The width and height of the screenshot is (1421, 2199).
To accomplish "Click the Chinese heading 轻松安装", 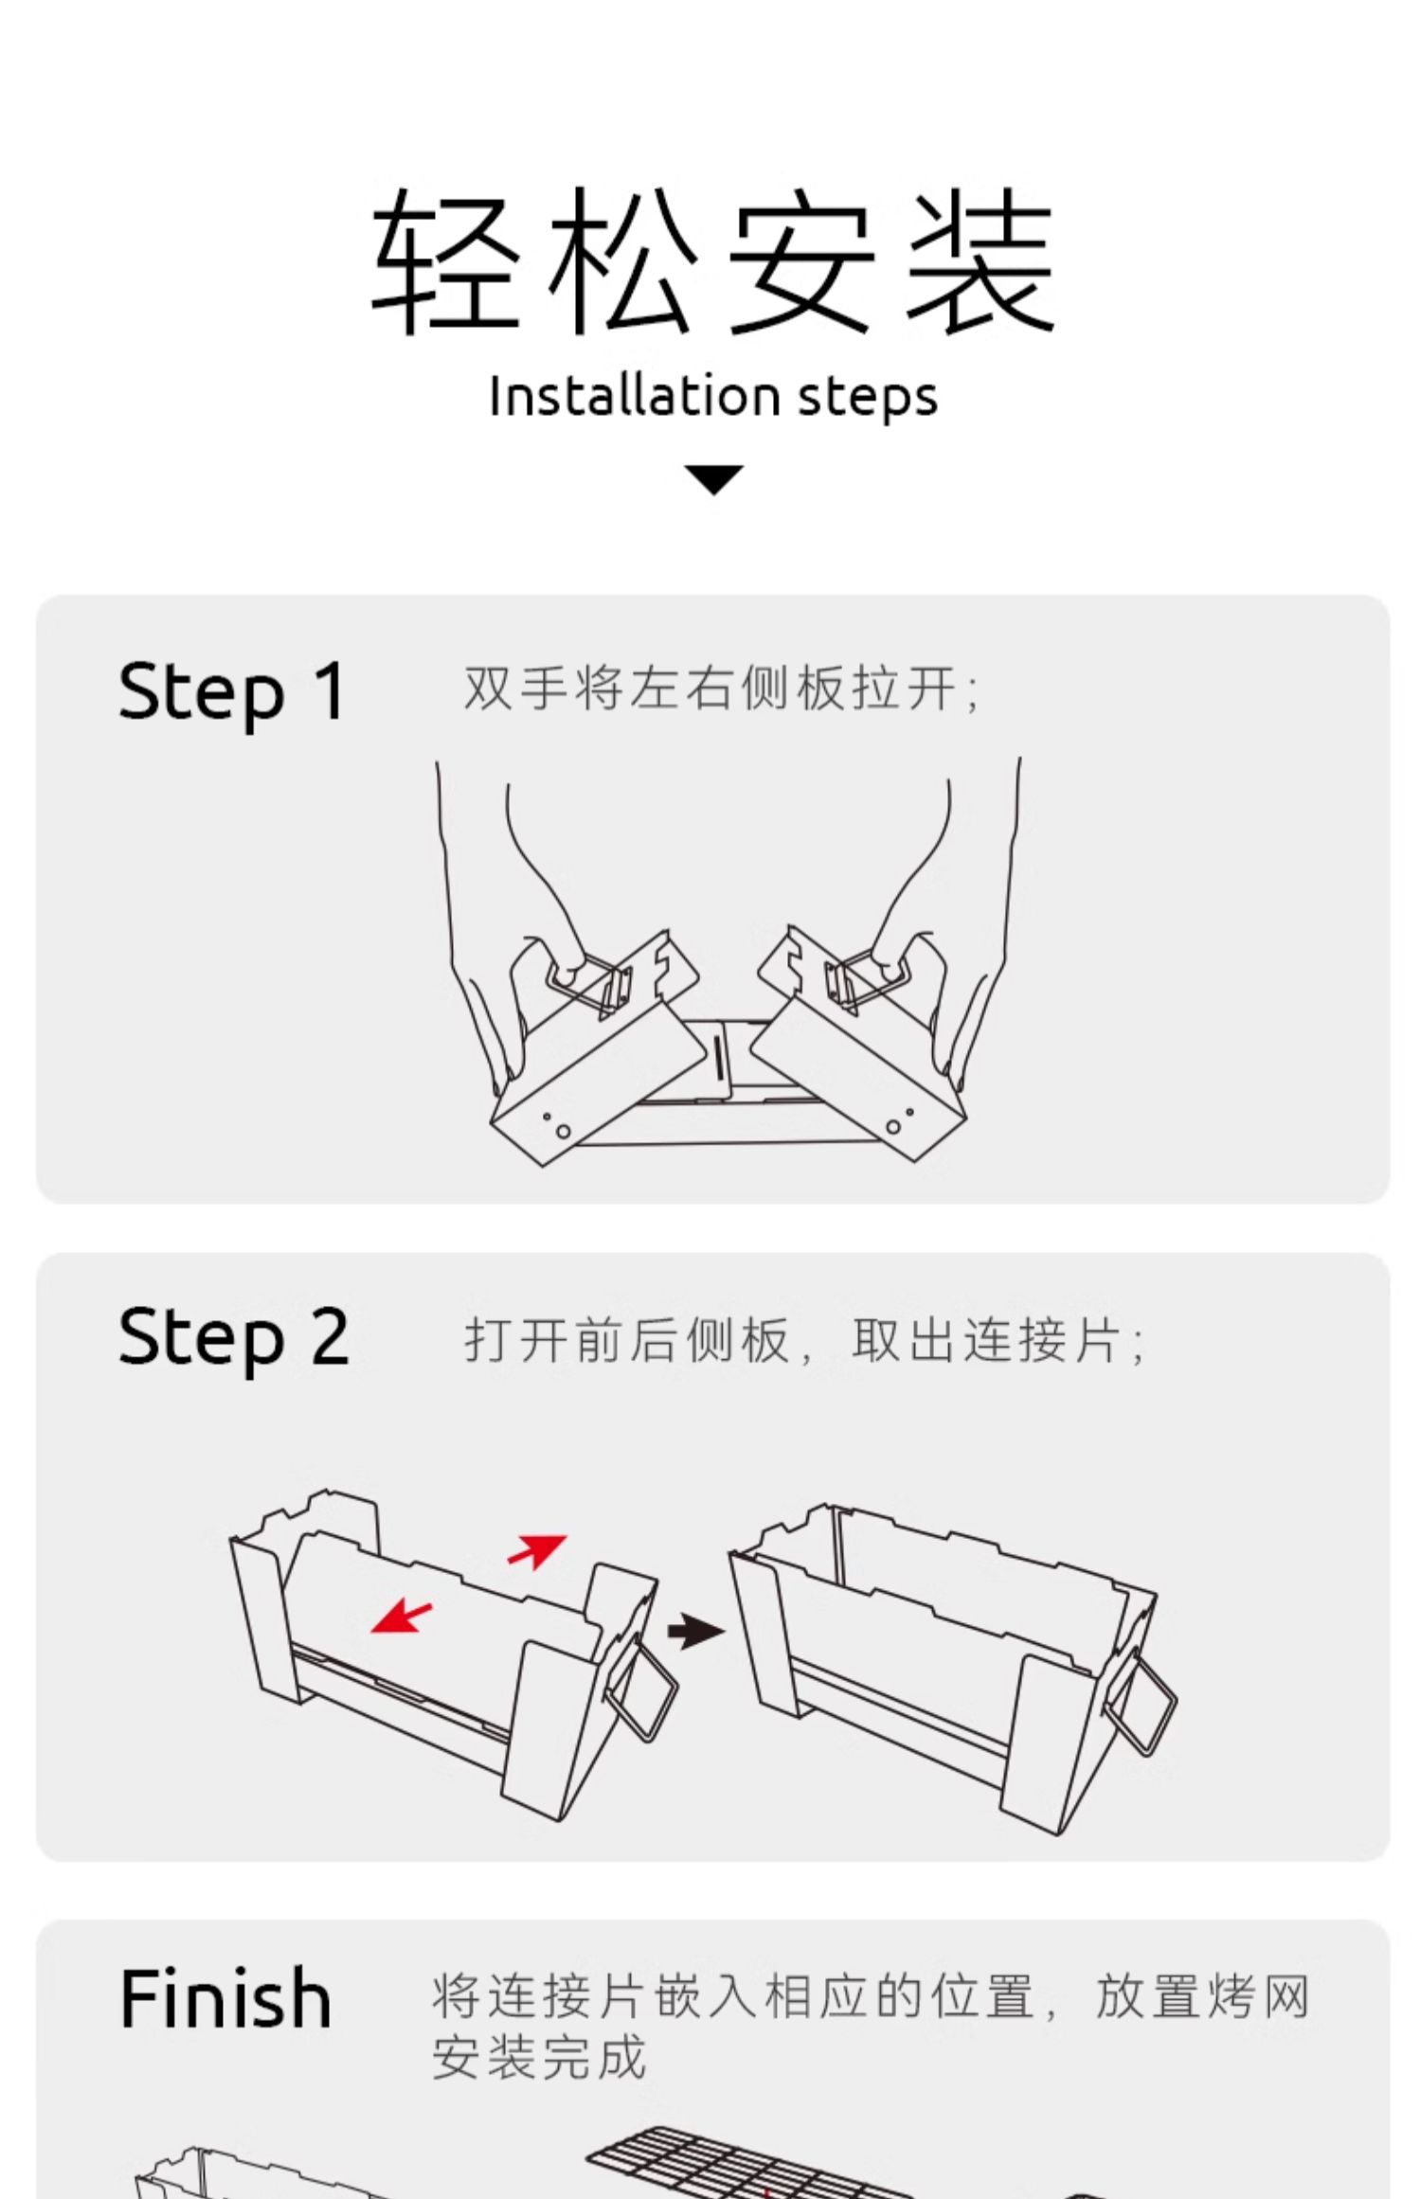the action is point(712,260).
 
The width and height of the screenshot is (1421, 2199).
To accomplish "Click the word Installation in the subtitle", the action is point(634,396).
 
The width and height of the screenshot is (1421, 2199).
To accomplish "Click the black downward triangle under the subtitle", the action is point(713,478).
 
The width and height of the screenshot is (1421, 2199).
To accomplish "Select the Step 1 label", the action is point(231,691).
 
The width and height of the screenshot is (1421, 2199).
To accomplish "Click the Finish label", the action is point(225,1998).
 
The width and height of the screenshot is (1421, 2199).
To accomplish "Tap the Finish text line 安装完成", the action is point(538,2057).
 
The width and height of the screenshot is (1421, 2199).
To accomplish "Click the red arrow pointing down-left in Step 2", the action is point(401,1615).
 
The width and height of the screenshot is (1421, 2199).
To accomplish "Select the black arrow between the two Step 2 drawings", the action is point(695,1631).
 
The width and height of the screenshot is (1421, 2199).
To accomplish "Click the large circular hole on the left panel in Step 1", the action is point(564,1131).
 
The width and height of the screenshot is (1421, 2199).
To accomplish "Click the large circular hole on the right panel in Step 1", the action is point(893,1127).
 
